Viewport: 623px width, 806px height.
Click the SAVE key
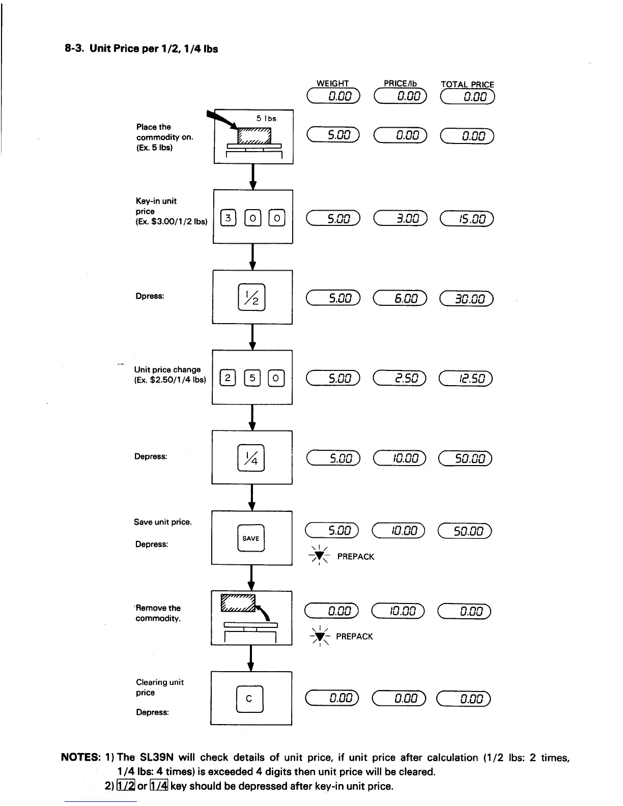[x=251, y=538]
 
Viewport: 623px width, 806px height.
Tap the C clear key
[x=249, y=698]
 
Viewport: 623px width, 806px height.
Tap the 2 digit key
[x=228, y=378]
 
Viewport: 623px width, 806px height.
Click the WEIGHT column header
[x=333, y=83]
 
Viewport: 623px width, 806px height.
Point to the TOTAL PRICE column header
[x=467, y=84]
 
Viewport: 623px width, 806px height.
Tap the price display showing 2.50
[x=400, y=378]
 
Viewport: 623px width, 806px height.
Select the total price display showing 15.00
[x=467, y=219]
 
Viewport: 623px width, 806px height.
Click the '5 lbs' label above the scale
[x=266, y=119]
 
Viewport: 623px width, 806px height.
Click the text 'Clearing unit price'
[x=159, y=687]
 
